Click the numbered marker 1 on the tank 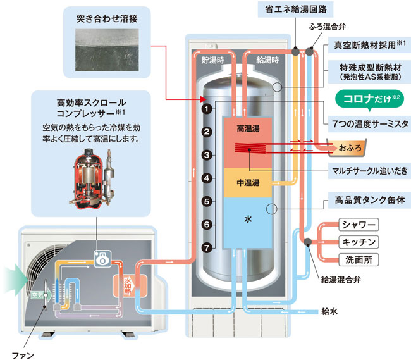click(207, 109)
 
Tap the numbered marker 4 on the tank click(207, 179)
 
